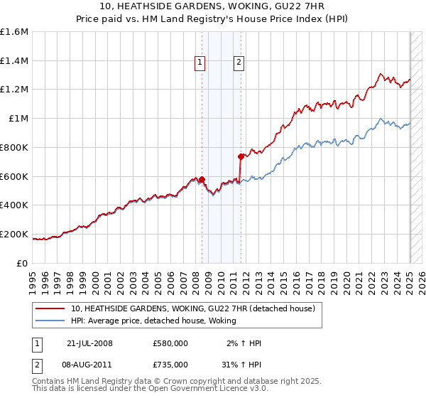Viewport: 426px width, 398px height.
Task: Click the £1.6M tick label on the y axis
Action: pos(14,31)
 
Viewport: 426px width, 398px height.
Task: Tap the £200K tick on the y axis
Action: pos(14,234)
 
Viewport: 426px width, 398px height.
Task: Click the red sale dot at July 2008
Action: pos(202,179)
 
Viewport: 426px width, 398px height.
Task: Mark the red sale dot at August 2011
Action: pos(241,156)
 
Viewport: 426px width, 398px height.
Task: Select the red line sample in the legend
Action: pos(51,308)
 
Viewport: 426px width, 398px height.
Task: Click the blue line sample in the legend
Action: pos(51,321)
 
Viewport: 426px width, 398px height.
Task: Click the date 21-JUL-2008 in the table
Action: pos(89,343)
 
